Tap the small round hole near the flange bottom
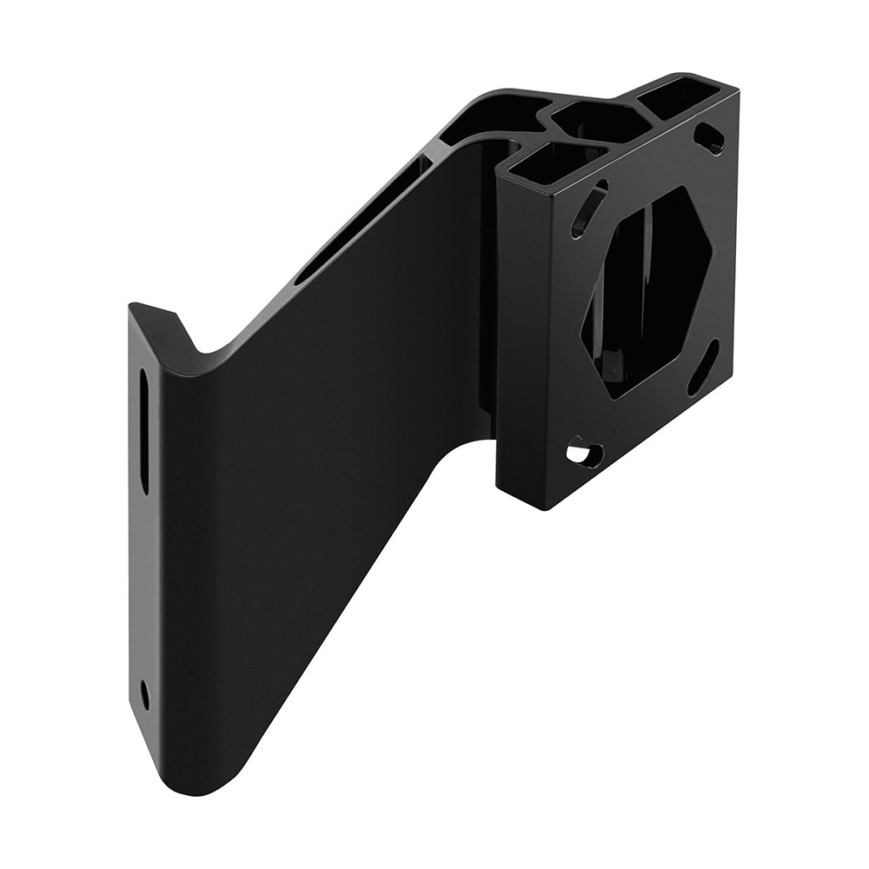point(144,693)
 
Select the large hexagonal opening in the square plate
point(647,291)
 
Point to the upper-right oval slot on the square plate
point(710,138)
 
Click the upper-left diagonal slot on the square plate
point(588,209)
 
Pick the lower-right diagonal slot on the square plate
point(703,367)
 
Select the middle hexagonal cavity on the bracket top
point(600,123)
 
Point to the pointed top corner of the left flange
point(132,305)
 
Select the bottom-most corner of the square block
point(544,507)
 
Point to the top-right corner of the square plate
point(738,91)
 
